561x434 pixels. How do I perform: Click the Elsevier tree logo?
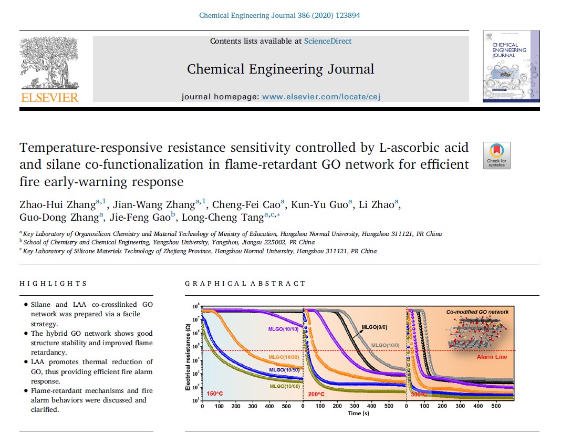[x=50, y=63]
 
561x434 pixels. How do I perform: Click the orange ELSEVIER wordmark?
[x=50, y=97]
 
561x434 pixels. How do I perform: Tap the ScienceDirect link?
[x=328, y=41]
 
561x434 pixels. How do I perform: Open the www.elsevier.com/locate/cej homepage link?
[x=321, y=97]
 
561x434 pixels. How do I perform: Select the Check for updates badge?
[x=496, y=156]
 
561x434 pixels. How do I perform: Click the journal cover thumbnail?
[x=511, y=67]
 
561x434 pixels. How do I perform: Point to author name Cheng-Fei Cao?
[x=246, y=204]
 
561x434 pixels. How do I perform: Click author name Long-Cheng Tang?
[x=223, y=217]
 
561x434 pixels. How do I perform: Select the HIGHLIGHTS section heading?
[x=53, y=284]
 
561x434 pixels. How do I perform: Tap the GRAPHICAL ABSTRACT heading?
[x=245, y=284]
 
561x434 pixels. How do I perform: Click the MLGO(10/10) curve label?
[x=283, y=329]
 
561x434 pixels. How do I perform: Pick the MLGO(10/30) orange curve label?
[x=284, y=357]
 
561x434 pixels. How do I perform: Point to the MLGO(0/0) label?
[x=374, y=327]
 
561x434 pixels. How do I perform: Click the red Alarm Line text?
[x=492, y=357]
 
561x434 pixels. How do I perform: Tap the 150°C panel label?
[x=215, y=394]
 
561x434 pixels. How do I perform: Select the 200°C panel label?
[x=316, y=394]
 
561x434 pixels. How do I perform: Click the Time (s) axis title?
[x=358, y=414]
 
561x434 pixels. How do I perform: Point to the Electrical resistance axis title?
[x=188, y=357]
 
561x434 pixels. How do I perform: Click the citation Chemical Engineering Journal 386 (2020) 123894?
[x=279, y=15]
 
